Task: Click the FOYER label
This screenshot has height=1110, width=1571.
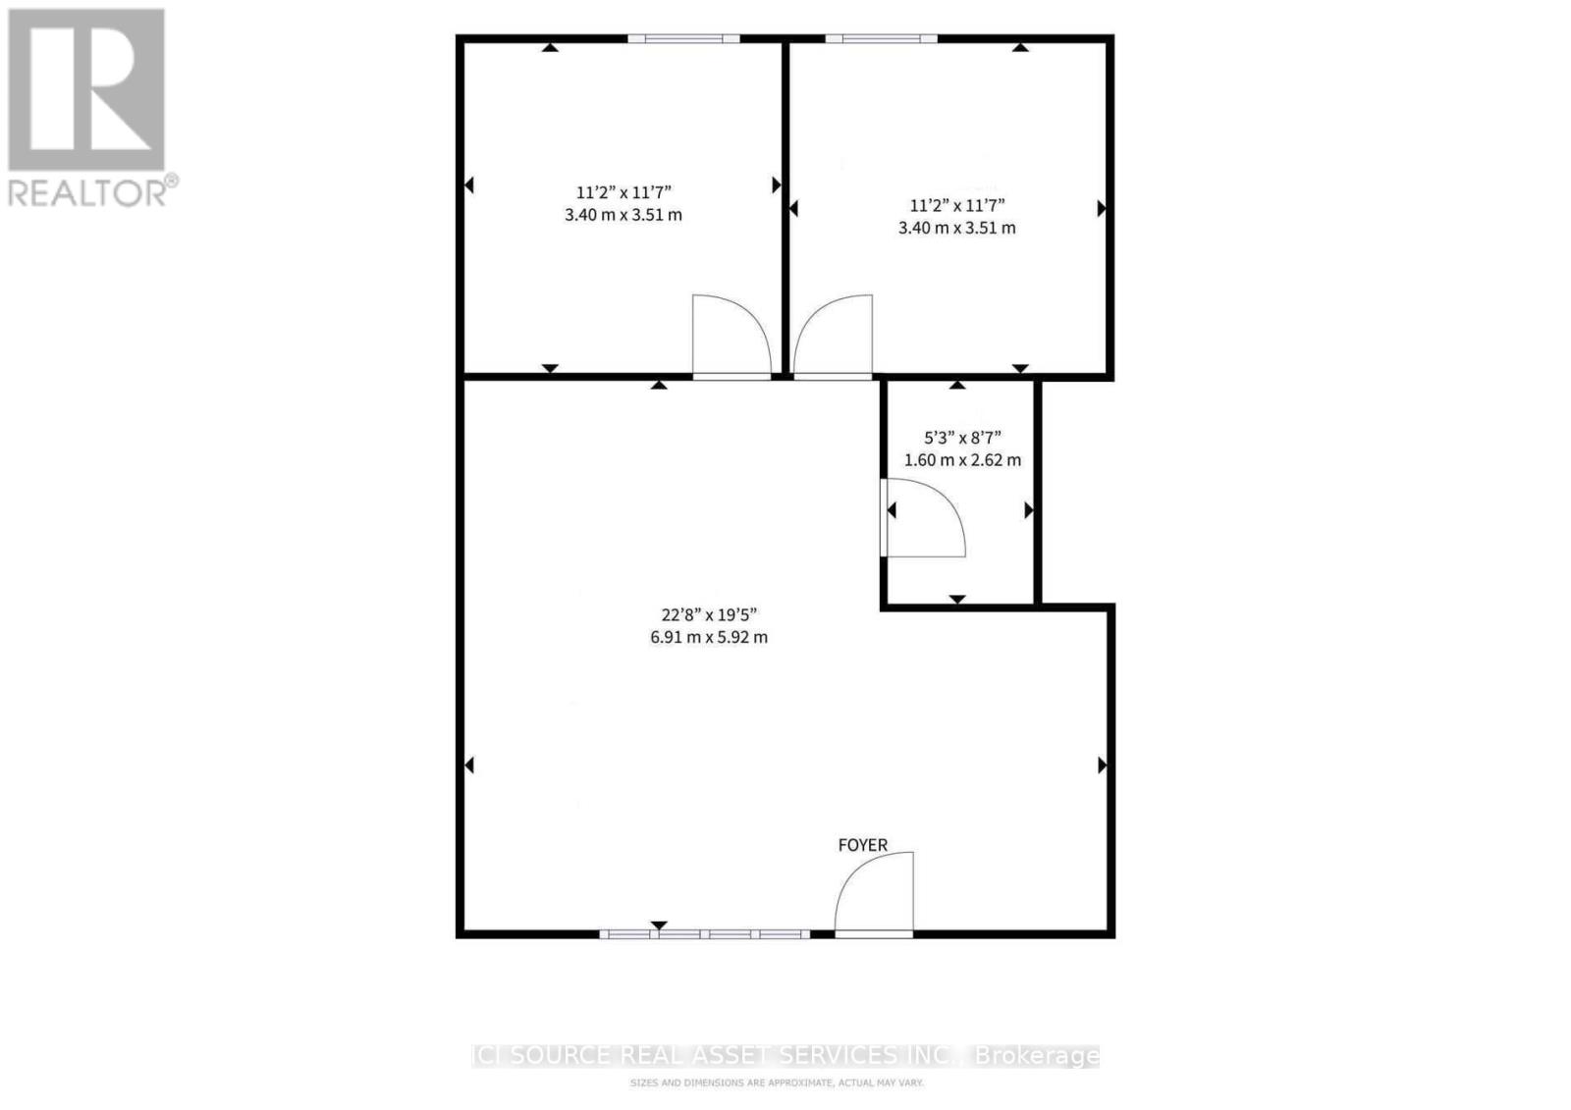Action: [862, 845]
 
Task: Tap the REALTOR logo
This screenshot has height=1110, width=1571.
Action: [90, 108]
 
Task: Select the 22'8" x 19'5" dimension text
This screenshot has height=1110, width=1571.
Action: [708, 615]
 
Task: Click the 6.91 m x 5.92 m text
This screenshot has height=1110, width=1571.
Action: [708, 637]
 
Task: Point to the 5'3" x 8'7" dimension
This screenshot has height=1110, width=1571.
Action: [962, 438]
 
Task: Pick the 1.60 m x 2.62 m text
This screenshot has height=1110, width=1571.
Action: [962, 459]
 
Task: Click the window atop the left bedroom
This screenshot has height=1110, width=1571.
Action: [683, 38]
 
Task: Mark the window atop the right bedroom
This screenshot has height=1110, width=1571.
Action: [881, 38]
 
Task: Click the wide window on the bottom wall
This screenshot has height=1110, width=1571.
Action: [704, 934]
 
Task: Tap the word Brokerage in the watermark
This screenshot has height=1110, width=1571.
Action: [1036, 1056]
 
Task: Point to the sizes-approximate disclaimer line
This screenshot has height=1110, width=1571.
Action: [776, 1084]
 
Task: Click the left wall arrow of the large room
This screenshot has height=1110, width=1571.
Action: [469, 765]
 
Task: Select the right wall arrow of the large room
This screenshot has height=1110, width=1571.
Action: [1102, 765]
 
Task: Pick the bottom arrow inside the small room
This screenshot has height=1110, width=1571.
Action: [957, 599]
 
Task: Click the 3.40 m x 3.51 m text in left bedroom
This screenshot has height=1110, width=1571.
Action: [623, 215]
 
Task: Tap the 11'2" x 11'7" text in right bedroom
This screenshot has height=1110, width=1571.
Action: [956, 205]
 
